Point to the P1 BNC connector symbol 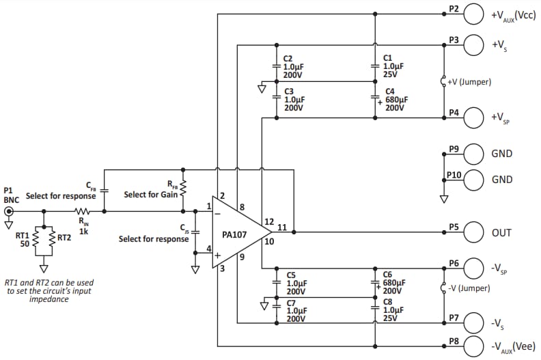(x=9, y=212)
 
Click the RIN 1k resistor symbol (x=83, y=212)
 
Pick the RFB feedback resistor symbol (x=182, y=187)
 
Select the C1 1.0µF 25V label (x=393, y=66)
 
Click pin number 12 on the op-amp (x=269, y=221)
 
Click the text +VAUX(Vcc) (x=512, y=14)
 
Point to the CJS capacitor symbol (x=195, y=232)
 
